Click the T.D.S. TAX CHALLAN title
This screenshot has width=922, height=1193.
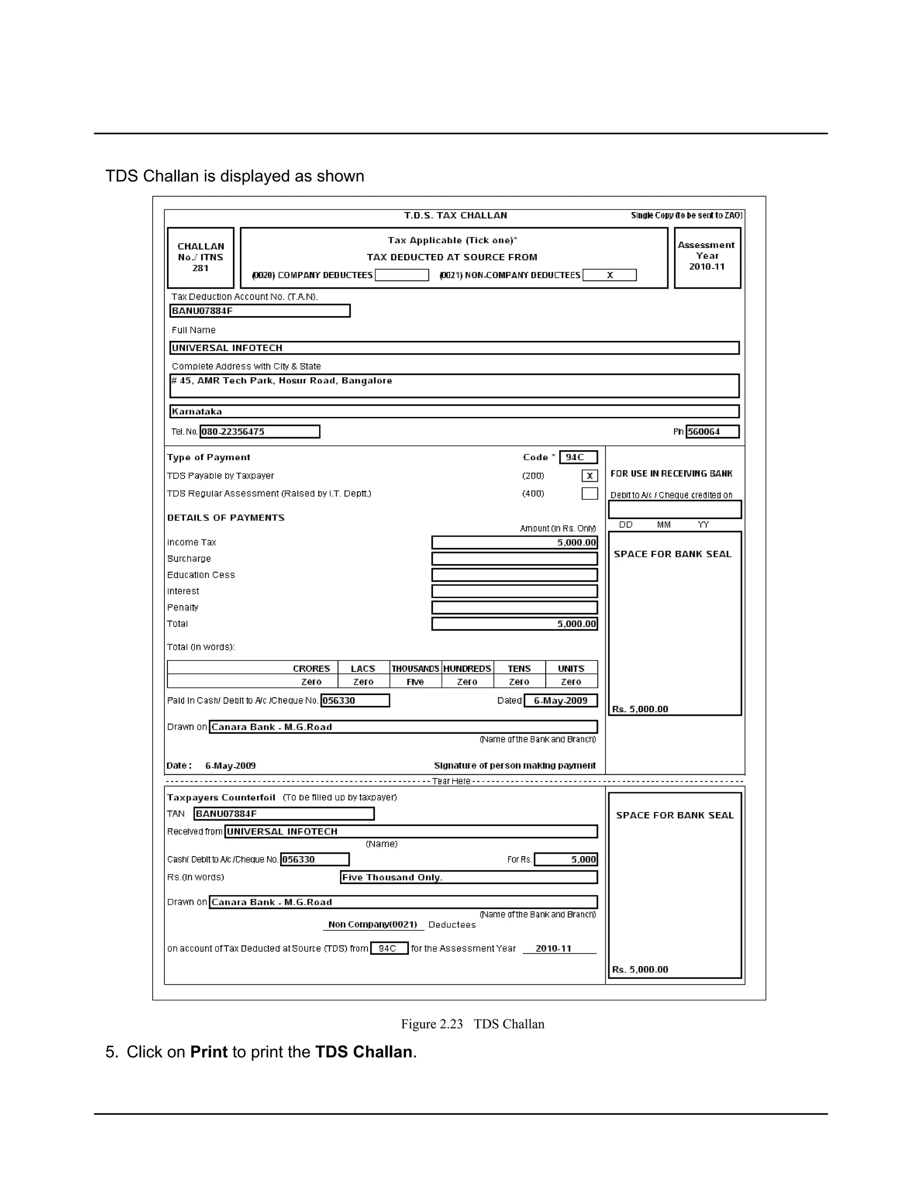coord(455,215)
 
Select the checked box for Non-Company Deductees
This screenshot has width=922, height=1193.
coord(610,275)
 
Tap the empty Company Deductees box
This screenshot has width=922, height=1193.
coord(402,275)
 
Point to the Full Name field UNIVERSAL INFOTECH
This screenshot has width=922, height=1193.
coord(454,348)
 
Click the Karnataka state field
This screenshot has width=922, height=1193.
coord(454,411)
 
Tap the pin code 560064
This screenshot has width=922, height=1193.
coord(712,432)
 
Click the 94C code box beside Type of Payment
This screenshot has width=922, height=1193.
coord(578,457)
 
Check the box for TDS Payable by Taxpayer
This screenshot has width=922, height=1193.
coord(589,476)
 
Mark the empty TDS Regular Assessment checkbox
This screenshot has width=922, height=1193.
coord(589,493)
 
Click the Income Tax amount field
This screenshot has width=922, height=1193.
coord(515,542)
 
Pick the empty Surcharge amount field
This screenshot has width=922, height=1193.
coord(515,559)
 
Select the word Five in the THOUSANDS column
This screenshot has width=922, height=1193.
coord(415,682)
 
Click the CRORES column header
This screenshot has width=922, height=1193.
coord(312,669)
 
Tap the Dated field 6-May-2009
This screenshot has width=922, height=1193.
coord(560,700)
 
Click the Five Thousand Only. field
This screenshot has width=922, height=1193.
coord(468,877)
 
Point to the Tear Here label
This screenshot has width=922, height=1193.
coord(451,781)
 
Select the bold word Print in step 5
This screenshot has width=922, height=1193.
coord(208,1052)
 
